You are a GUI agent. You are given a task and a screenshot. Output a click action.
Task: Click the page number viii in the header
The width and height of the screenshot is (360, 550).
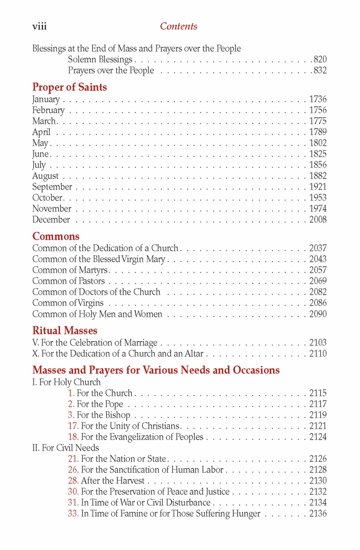pos(39,27)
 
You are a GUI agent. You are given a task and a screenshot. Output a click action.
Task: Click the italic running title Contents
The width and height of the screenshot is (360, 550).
pos(179,27)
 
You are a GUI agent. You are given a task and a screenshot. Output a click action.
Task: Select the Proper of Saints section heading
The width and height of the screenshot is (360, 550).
pos(69,87)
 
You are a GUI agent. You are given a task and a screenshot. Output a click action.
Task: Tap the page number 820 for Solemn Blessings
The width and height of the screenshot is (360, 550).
pos(320,60)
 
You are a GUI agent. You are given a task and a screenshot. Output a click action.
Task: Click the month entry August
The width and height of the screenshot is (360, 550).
pos(45,176)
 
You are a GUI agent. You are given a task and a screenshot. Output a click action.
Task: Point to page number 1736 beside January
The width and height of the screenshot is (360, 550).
pos(318,99)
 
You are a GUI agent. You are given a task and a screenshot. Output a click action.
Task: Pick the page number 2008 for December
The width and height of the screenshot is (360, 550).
pos(318,220)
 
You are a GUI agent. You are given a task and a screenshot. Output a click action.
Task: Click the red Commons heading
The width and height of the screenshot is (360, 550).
pos(55,236)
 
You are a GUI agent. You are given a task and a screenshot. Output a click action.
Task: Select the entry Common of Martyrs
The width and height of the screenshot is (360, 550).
pos(70,270)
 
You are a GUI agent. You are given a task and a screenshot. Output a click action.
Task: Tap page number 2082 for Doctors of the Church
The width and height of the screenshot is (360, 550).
pos(318,292)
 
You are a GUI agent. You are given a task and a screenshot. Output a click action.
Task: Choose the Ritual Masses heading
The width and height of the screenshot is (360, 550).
pos(65,330)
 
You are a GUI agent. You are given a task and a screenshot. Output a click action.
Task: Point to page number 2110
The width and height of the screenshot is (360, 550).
pos(318,354)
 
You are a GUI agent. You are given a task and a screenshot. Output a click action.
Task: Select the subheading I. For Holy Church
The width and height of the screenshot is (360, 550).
pos(66,382)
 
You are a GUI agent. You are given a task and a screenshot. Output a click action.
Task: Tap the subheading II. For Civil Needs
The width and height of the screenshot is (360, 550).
pos(65,448)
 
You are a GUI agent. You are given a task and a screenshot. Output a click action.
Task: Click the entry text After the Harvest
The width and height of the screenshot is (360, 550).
pos(113,481)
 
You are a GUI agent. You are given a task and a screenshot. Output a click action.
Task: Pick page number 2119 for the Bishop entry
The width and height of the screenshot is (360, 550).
pos(318,415)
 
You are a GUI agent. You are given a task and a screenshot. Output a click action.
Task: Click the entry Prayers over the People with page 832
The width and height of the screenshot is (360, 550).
pos(111,71)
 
